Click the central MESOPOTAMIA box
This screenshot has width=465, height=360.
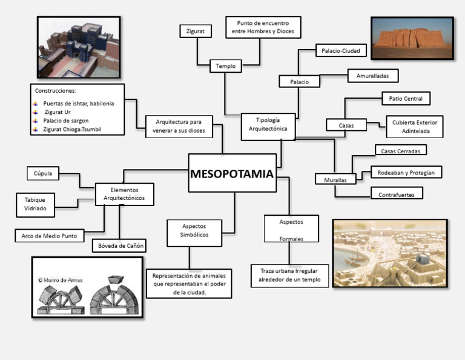(x=232, y=173)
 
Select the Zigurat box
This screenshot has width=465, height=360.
(x=196, y=31)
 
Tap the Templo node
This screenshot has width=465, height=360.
(x=226, y=66)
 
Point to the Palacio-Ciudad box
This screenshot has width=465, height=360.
(x=341, y=50)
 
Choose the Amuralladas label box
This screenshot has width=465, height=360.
(x=373, y=76)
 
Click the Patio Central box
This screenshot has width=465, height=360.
(x=406, y=99)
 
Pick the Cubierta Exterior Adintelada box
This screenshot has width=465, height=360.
(x=415, y=127)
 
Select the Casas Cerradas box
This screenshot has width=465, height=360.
(x=401, y=150)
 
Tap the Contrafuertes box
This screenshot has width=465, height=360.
(x=397, y=193)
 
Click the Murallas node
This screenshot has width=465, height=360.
(x=335, y=179)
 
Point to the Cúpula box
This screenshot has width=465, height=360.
(x=43, y=173)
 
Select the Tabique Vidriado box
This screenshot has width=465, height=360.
(x=35, y=205)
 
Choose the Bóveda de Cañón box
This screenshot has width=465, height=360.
(x=119, y=245)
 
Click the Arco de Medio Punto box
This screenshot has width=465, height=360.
(x=50, y=236)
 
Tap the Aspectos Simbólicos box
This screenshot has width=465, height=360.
(x=194, y=233)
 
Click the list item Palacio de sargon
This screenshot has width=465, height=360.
(x=66, y=121)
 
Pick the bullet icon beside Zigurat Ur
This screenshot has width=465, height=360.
(x=36, y=112)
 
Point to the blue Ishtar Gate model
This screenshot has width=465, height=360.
(x=85, y=42)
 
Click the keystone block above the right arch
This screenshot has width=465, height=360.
(x=116, y=279)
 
